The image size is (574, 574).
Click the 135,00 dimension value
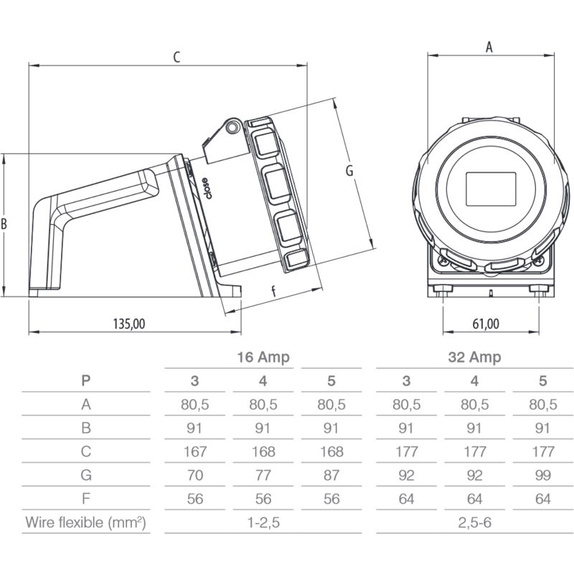[129, 324]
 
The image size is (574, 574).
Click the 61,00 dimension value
[486, 324]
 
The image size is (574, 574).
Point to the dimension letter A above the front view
[489, 47]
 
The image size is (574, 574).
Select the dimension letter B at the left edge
[4, 224]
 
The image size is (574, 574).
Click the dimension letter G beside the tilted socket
[349, 171]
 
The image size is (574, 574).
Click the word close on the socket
[206, 187]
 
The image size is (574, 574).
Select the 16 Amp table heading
[263, 357]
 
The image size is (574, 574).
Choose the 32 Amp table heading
[474, 357]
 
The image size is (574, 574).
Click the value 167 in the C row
[195, 451]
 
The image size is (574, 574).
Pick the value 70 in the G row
[195, 475]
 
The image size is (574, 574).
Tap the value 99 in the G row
[543, 475]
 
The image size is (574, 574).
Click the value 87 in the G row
[331, 475]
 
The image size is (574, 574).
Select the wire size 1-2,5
[263, 523]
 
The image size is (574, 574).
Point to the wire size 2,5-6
[474, 523]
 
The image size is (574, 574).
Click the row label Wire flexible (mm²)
[86, 522]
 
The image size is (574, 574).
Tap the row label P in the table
[86, 381]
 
